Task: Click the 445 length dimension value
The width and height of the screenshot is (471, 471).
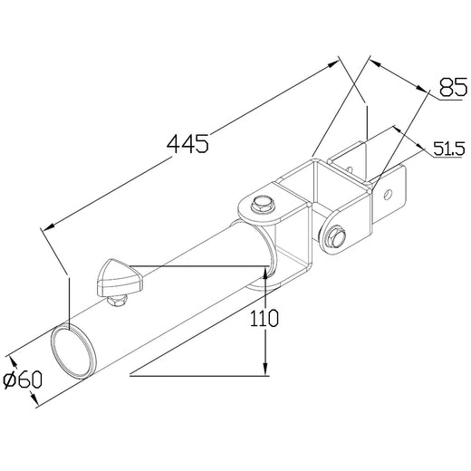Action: point(188,142)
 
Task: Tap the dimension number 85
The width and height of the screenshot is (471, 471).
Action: point(452,89)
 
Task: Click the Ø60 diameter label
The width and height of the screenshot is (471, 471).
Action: point(24,380)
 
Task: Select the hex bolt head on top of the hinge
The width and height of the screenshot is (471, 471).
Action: point(263,205)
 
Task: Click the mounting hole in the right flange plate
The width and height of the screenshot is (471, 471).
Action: point(389,192)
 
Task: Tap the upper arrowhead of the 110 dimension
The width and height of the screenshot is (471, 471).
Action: point(265,269)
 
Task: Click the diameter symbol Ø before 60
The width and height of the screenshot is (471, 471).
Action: point(10,380)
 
